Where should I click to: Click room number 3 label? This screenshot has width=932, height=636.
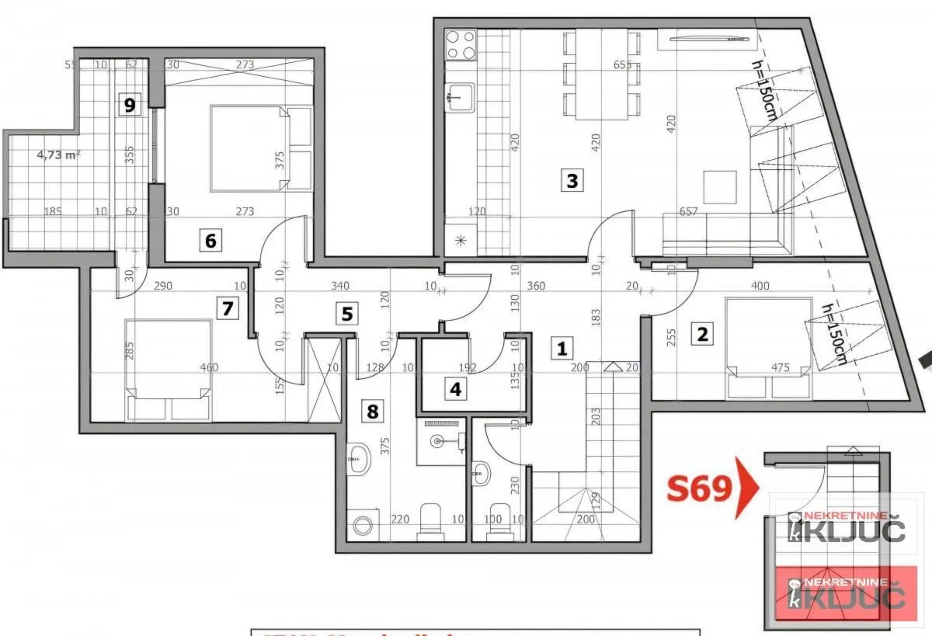click(x=572, y=181)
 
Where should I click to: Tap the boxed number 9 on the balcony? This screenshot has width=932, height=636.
click(x=131, y=104)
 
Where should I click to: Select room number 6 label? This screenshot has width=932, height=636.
click(x=210, y=241)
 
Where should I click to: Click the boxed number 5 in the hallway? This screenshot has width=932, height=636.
click(x=346, y=314)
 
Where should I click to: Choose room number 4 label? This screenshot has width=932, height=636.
click(x=455, y=388)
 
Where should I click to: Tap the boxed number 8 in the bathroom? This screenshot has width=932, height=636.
click(x=373, y=411)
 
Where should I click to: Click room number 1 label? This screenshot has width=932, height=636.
click(x=560, y=349)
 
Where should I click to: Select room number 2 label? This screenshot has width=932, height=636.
click(x=702, y=335)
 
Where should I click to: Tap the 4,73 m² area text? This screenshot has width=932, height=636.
click(x=59, y=154)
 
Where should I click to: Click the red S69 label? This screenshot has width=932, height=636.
click(x=699, y=488)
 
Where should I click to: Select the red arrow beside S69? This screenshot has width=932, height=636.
click(x=747, y=487)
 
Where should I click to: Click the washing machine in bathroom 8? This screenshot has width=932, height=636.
click(x=360, y=525)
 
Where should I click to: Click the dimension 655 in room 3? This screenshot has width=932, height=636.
click(x=622, y=65)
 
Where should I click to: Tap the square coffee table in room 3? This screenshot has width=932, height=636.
click(x=720, y=186)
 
